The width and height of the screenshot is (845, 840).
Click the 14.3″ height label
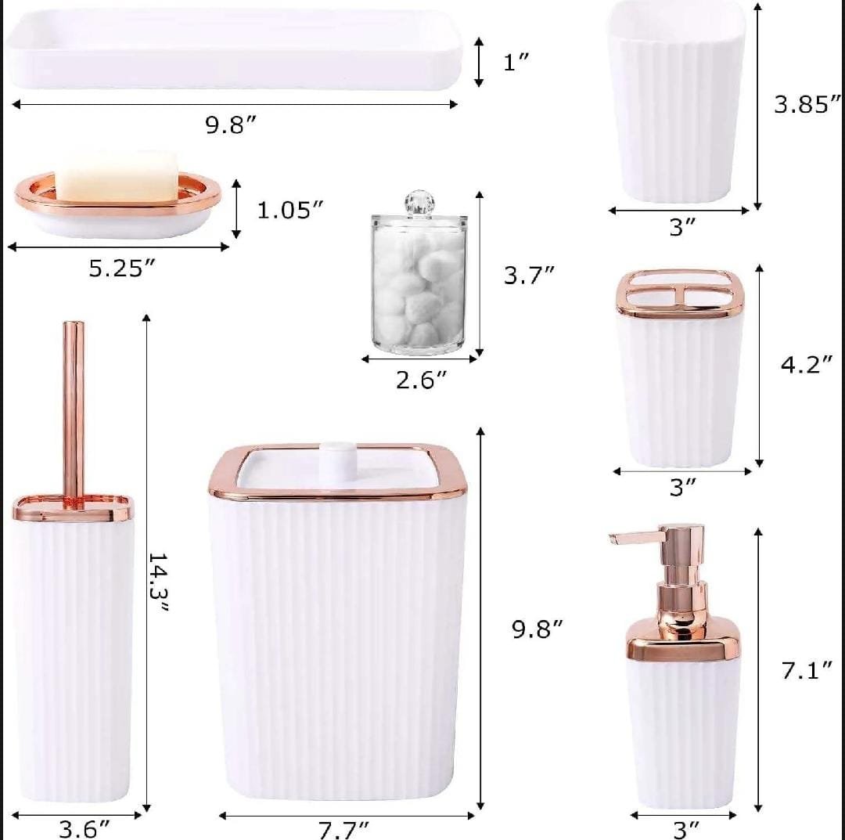coord(158,582)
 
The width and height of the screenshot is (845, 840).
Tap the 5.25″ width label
coord(122,269)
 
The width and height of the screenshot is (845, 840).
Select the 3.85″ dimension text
coord(807,103)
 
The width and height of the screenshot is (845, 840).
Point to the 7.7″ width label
coord(343,830)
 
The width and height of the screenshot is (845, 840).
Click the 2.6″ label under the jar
coord(422,380)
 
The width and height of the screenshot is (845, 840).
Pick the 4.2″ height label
coord(807,365)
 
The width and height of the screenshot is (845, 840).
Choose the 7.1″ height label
coord(807,671)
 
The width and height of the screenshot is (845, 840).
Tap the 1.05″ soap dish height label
coord(290,210)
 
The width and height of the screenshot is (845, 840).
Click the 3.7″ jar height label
coord(529,276)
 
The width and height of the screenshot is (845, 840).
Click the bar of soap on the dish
coord(117,176)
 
